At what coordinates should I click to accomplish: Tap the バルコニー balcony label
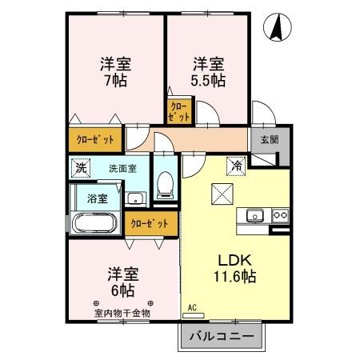click(x=222, y=336)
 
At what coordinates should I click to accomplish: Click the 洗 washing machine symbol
click(x=79, y=168)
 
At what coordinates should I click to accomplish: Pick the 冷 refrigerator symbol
click(x=236, y=166)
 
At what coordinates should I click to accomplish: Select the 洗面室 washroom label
click(x=122, y=169)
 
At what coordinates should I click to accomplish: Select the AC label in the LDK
click(x=192, y=307)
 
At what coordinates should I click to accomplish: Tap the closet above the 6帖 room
click(x=149, y=223)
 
